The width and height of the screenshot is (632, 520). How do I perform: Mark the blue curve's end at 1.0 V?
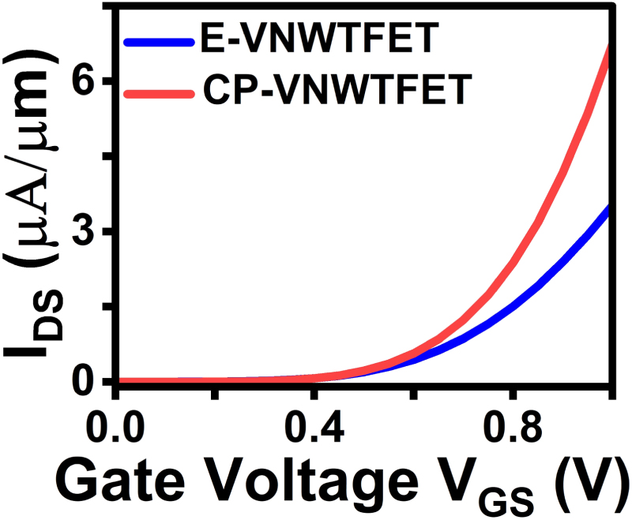click(611, 208)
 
